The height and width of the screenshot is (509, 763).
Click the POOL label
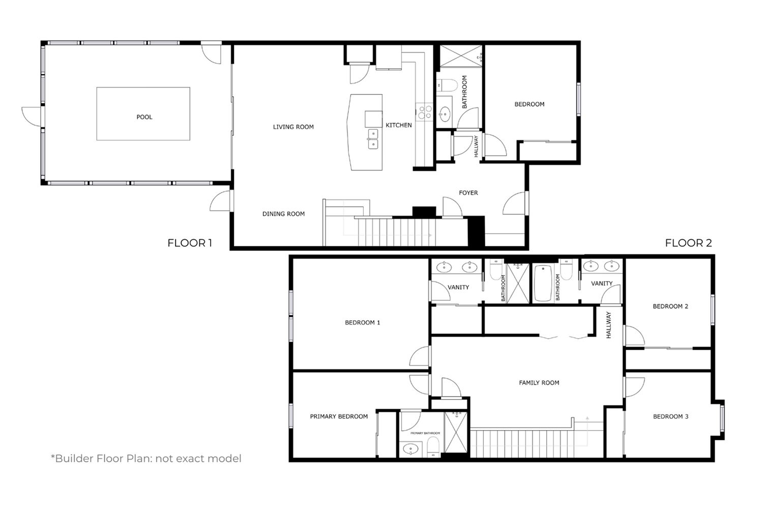point(144,117)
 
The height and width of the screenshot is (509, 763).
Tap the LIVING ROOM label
point(294,127)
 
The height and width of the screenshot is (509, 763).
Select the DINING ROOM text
point(283,214)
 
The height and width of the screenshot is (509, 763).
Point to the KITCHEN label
point(398,125)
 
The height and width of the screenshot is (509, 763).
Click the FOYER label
point(468,192)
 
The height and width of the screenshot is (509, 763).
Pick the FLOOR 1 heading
point(190,243)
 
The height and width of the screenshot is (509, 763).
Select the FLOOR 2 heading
point(688,243)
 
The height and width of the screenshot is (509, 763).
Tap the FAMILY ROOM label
point(539,383)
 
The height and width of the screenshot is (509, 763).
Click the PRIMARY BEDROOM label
point(339,416)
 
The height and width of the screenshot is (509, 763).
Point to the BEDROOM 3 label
point(671,416)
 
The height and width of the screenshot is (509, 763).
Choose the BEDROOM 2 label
point(670,306)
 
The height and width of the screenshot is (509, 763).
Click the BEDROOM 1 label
point(362,323)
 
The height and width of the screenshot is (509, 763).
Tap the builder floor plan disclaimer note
point(146,459)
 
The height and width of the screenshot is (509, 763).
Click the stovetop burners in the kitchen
point(425,112)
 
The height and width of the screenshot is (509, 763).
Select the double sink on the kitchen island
point(373,139)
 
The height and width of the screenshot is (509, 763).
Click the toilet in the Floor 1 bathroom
point(448,85)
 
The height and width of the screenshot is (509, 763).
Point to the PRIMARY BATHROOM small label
point(425,433)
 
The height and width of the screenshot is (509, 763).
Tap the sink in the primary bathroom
point(410,448)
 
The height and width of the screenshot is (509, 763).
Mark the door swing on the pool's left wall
point(32,116)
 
